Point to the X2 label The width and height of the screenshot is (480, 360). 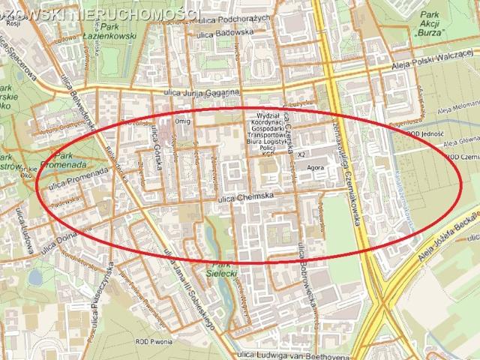tap(301, 154)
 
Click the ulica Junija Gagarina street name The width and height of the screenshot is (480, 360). tap(206, 92)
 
